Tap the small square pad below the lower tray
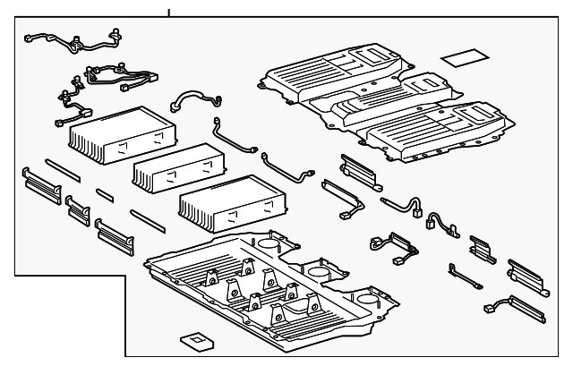point(193,341)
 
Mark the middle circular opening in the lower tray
point(318,270)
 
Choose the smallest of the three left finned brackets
point(79,209)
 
